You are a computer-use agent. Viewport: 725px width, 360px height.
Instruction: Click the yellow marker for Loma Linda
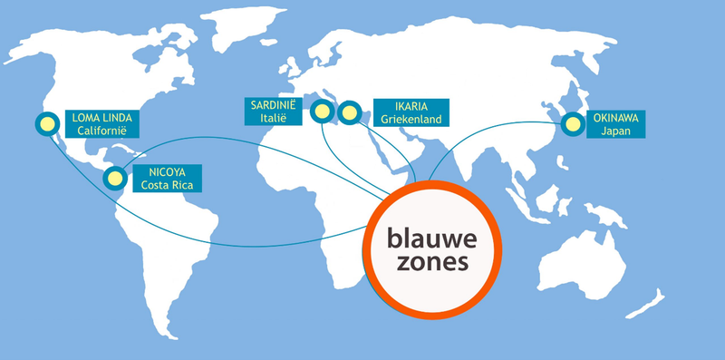click(44, 123)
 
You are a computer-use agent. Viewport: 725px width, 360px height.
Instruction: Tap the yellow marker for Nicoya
click(114, 177)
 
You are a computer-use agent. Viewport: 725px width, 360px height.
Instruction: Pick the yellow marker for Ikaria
click(349, 113)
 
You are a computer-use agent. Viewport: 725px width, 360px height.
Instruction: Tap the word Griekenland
click(410, 119)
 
